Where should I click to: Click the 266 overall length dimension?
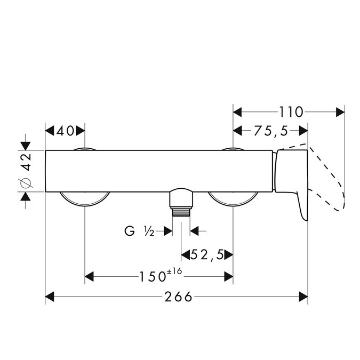[178, 297]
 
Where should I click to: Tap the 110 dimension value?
[291, 113]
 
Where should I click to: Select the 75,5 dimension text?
[271, 131]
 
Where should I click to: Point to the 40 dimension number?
[65, 131]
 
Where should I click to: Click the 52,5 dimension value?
[207, 254]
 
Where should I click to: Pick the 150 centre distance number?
[153, 277]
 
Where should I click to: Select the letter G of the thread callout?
[130, 231]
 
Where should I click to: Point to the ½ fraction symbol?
[149, 231]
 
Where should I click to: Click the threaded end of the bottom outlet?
[181, 212]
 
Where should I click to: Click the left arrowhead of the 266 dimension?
[50, 297]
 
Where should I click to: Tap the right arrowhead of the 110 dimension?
[340, 113]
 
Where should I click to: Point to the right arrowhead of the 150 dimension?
[228, 277]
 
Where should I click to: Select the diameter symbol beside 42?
[27, 183]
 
